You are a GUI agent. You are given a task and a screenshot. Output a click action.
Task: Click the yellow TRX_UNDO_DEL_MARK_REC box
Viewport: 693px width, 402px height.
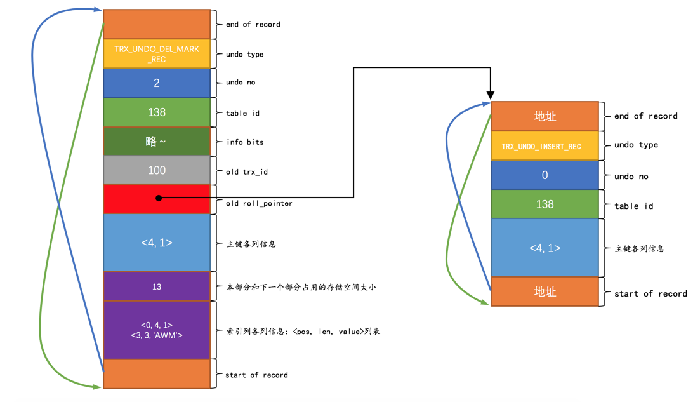157,54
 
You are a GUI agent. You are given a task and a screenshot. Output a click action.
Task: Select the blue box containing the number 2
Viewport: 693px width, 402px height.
157,83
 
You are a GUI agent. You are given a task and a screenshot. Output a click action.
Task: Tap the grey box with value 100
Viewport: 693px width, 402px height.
157,170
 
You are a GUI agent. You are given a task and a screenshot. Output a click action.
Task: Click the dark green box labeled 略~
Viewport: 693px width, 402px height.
157,142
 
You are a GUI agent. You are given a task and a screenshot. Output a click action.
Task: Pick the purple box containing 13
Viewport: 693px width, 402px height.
157,286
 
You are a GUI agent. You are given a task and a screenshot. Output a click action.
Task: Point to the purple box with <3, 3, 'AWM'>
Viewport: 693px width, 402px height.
157,330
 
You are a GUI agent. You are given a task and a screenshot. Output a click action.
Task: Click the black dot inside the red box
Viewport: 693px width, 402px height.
159,198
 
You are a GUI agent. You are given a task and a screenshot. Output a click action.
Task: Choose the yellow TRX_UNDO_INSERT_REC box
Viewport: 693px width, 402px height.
544,146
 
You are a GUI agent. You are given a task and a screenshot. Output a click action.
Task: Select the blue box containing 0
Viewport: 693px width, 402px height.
544,175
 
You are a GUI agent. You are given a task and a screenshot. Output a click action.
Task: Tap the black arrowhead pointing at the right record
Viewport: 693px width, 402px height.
491,95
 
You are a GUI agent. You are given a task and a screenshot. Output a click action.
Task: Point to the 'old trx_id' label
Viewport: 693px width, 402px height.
247,171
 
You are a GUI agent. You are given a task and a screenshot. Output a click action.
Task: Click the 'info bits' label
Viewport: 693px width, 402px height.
244,142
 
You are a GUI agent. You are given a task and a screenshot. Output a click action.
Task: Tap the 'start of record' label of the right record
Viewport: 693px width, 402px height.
650,293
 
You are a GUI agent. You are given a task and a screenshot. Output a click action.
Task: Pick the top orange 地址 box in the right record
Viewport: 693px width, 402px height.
544,116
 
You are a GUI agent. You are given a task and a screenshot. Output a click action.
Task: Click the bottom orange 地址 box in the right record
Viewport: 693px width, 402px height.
544,291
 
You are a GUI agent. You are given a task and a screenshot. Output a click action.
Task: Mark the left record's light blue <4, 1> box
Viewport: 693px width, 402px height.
157,243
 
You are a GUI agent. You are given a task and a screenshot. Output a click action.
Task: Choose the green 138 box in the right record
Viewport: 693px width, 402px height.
544,204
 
